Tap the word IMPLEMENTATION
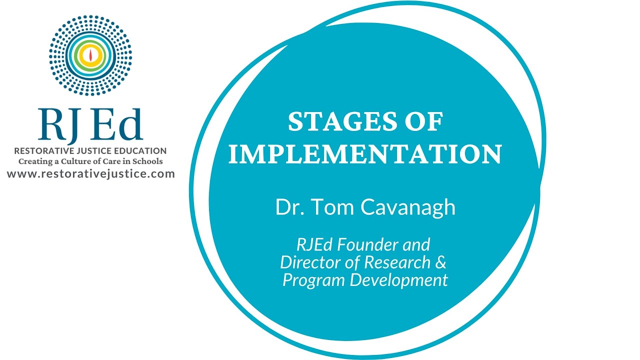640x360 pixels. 365,154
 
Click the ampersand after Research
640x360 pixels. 441,262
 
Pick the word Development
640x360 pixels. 399,280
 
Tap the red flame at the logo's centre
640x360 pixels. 90,55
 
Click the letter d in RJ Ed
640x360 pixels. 130,123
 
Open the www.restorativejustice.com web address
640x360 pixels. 91,174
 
